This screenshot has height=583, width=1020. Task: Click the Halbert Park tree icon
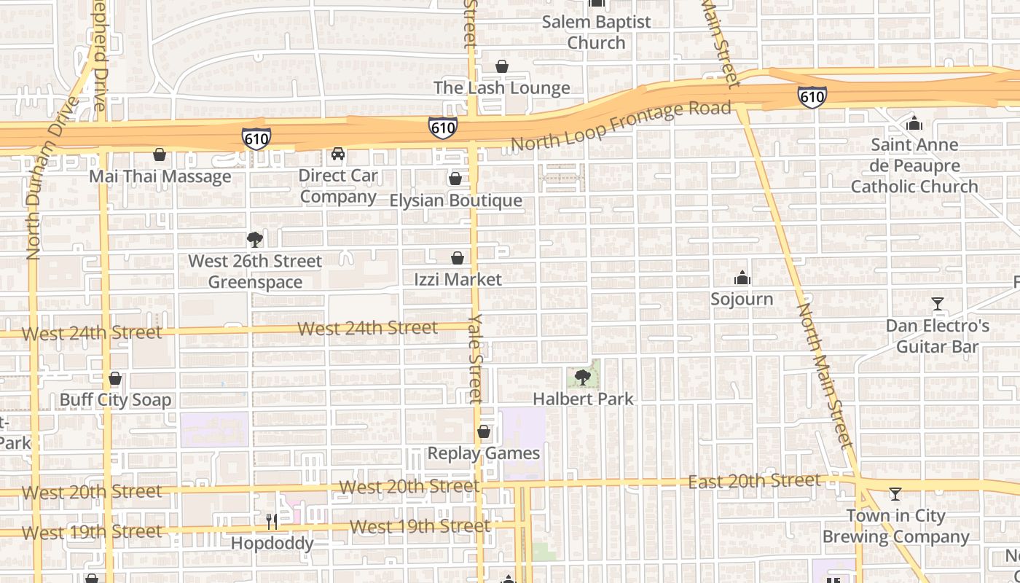tap(582, 377)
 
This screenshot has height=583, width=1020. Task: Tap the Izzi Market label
tap(458, 279)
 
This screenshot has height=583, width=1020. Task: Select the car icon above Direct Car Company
tap(338, 154)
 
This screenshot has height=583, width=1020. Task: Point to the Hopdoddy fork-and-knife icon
tap(272, 522)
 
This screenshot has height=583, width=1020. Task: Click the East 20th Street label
tap(754, 481)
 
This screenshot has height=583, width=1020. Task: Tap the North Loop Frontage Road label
tap(620, 126)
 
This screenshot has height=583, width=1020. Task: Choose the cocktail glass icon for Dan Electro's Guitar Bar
tap(937, 304)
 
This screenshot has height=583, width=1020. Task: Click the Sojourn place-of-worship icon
tap(742, 278)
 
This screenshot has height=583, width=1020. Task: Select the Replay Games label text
tap(483, 453)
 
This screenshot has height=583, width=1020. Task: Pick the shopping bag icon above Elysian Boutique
tap(455, 179)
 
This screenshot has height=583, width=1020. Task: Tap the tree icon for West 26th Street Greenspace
tap(254, 239)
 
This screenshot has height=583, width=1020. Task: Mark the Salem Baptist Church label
tap(596, 32)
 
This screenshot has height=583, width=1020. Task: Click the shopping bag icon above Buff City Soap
tap(114, 379)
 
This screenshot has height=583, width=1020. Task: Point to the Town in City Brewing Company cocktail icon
tap(895, 494)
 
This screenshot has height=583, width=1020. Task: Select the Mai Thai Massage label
tap(160, 176)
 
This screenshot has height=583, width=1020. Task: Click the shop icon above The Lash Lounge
tap(501, 67)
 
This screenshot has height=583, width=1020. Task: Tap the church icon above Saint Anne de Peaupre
tap(914, 123)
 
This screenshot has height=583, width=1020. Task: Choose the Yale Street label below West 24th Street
tap(476, 359)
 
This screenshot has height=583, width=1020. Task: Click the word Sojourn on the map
tap(742, 299)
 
